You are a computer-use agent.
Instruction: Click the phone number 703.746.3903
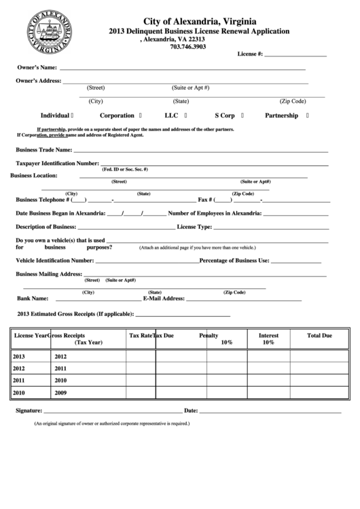point(187,46)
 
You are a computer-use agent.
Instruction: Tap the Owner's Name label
point(37,69)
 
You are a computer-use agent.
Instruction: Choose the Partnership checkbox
point(308,116)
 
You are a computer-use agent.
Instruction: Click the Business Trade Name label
point(43,150)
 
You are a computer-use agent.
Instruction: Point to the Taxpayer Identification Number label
point(57,164)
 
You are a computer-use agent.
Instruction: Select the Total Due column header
point(319,336)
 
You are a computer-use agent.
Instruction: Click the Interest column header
point(268,336)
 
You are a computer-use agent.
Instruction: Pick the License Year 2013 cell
point(18,356)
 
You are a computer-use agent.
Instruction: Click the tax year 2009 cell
point(61,393)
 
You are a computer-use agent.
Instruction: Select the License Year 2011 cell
point(18,381)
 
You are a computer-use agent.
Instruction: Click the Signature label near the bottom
point(29,410)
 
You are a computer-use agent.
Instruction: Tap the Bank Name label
point(32,298)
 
